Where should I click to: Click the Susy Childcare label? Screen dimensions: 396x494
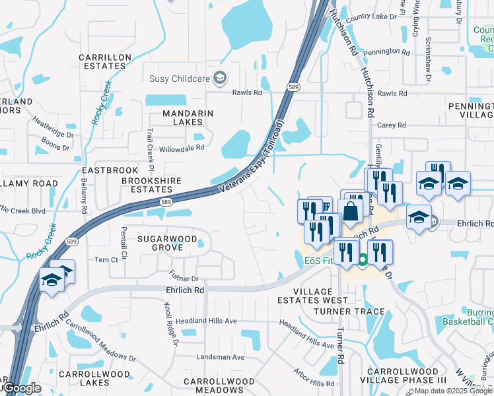180,79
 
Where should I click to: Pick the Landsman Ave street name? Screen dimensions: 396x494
221,357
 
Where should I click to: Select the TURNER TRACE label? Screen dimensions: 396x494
349,311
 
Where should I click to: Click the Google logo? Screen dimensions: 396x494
21,388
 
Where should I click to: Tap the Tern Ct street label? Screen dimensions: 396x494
106,260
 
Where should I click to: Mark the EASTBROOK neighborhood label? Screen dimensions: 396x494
116,170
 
